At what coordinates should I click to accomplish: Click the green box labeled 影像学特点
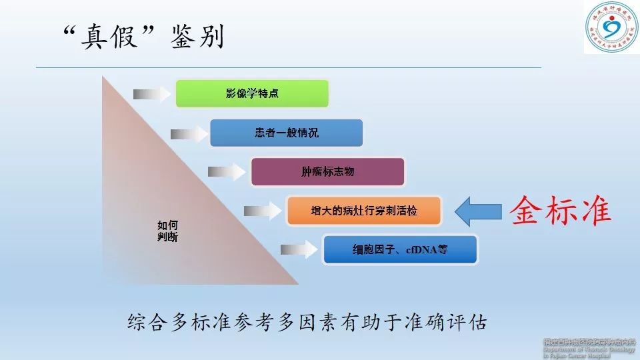point(252,93)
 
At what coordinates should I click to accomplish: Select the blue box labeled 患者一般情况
point(286,133)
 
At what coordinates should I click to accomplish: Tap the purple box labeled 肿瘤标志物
point(327,171)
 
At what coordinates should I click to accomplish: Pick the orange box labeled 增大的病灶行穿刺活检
point(364,211)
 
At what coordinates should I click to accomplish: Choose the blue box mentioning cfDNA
point(400,250)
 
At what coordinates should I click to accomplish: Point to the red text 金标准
point(561,211)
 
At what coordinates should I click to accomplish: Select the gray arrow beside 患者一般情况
point(185,133)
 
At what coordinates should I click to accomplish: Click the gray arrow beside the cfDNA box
point(295,250)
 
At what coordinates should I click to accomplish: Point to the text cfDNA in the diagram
point(415,251)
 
